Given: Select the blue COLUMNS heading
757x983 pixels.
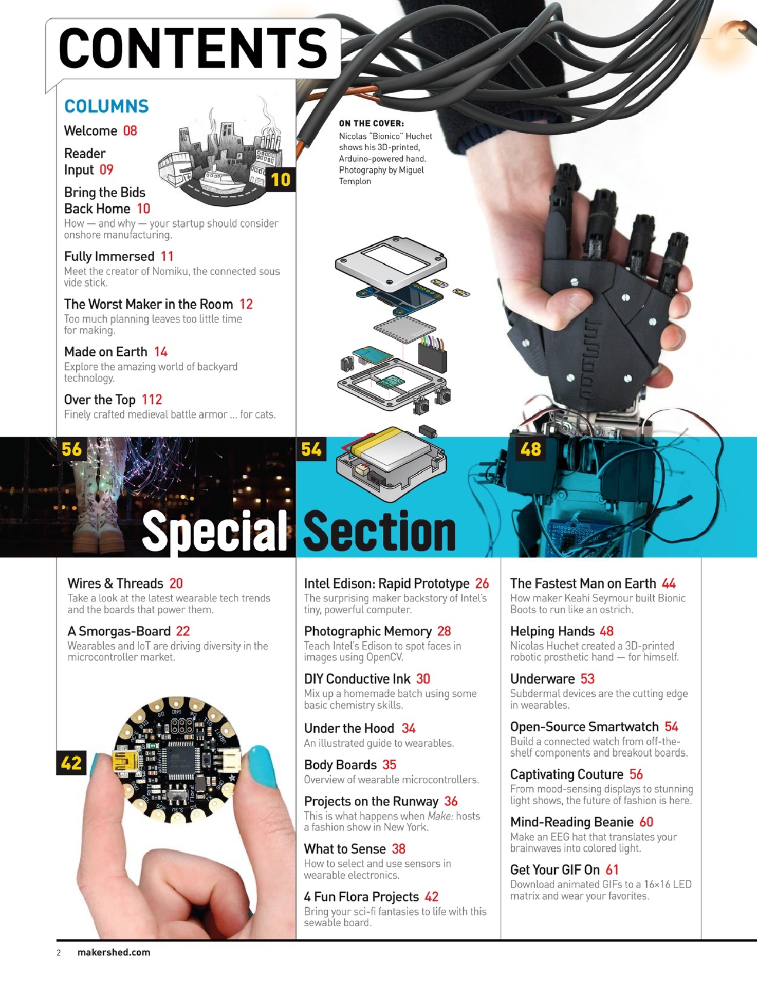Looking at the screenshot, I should coord(106,106).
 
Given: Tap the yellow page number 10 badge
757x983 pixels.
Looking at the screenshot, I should coord(280,179).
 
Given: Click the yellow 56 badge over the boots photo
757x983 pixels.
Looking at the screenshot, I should coord(72,450).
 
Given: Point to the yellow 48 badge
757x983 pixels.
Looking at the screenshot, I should coord(530,450).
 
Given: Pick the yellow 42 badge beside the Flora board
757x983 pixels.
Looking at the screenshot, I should coord(72,763).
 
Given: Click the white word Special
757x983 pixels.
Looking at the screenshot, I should coord(215,531).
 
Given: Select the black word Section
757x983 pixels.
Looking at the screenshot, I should coord(379,531).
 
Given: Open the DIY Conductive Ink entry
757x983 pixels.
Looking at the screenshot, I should coord(357,679).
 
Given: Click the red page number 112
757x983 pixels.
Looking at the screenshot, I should coord(152,400).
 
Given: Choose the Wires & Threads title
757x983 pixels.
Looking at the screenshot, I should coord(116,583).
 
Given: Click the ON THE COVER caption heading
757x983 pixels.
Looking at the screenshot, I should coord(371,124).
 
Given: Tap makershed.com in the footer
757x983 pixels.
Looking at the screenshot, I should coord(114,953).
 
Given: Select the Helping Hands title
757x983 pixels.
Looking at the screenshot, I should coord(552,631).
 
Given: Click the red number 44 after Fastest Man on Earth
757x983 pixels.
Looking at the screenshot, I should coord(668,583).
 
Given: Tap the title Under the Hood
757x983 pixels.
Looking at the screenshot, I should coord(349,729).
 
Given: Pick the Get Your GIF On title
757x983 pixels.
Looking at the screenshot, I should coord(555,870).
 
